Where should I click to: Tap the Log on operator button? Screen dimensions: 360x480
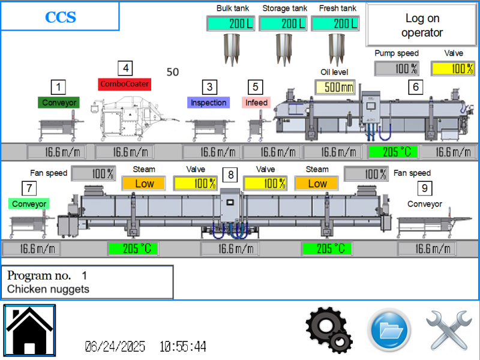tap(422, 26)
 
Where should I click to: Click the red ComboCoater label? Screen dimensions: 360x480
tap(124, 83)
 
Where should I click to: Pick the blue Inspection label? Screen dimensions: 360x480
tap(209, 103)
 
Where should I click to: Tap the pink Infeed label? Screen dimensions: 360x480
tap(256, 103)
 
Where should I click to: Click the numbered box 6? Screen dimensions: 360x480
tap(415, 86)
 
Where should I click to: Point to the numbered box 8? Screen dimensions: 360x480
tap(229, 175)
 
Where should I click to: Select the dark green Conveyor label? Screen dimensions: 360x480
tap(59, 103)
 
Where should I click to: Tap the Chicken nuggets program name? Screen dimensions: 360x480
tap(48, 289)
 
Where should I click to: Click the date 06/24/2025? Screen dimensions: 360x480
tap(115, 347)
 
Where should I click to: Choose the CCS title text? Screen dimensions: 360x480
tap(60, 16)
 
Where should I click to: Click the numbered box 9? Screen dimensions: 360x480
tap(425, 188)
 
